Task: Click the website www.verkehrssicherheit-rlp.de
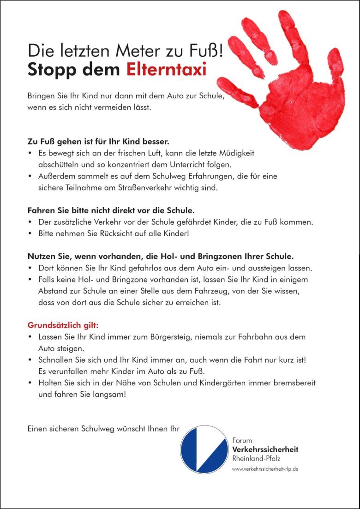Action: click(x=265, y=468)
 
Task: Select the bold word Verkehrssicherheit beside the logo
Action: click(x=265, y=449)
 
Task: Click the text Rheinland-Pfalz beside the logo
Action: click(x=256, y=458)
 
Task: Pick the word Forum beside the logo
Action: click(x=242, y=441)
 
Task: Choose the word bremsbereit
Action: click(x=294, y=383)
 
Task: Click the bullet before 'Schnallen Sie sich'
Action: click(x=30, y=359)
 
